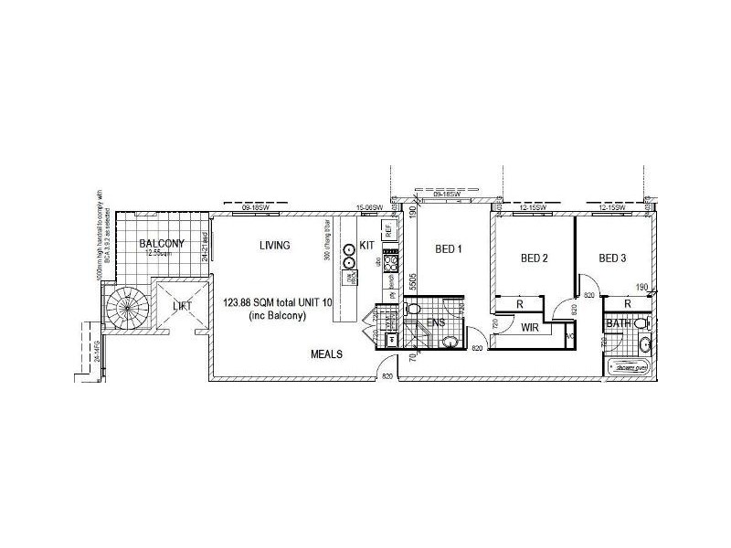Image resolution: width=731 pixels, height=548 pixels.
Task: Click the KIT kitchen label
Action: (x=366, y=246)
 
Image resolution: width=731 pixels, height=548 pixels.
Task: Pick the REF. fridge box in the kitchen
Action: (x=388, y=230)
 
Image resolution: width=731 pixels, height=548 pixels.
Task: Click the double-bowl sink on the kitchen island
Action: (x=348, y=257)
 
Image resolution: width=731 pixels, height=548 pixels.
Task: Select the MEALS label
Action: (x=326, y=354)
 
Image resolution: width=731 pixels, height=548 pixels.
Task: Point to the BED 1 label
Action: (x=449, y=248)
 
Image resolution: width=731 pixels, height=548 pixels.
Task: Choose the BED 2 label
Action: (x=534, y=258)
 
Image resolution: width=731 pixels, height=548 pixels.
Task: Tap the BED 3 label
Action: (x=612, y=258)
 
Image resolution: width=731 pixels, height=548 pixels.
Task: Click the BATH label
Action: (x=617, y=323)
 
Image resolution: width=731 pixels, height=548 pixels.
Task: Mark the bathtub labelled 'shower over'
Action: (x=629, y=368)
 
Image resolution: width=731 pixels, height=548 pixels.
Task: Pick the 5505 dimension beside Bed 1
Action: (x=413, y=280)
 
